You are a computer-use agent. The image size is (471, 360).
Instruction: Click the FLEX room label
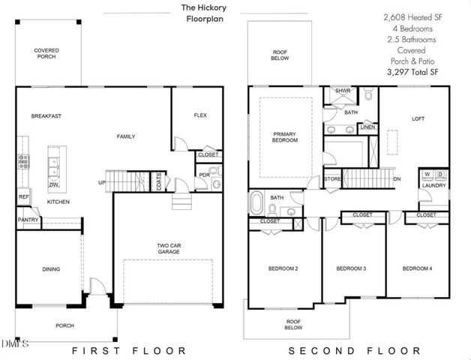200,115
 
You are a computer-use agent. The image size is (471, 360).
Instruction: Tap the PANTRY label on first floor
28,220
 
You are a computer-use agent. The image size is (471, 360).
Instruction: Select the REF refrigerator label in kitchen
23,198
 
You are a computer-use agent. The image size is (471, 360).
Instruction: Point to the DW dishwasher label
53,184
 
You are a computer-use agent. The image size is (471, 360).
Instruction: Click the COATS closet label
159,181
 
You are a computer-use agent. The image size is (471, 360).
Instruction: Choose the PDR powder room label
203,175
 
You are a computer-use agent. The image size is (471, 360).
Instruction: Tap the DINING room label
51,269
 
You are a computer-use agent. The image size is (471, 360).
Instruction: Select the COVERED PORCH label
47,54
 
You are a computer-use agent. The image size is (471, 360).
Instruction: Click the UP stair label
101,182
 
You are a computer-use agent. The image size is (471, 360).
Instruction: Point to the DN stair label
397,178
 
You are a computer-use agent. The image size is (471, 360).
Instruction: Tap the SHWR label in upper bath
343,91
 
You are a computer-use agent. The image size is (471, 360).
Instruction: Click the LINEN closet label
367,127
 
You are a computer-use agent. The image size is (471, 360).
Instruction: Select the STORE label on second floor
333,179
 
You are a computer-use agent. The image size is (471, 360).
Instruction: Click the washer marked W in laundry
427,175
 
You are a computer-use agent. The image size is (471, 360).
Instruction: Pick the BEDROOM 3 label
350,269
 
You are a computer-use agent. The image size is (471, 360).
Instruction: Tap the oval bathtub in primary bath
258,202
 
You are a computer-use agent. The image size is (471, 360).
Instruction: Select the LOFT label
418,118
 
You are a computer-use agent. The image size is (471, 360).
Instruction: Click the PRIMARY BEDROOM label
284,137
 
